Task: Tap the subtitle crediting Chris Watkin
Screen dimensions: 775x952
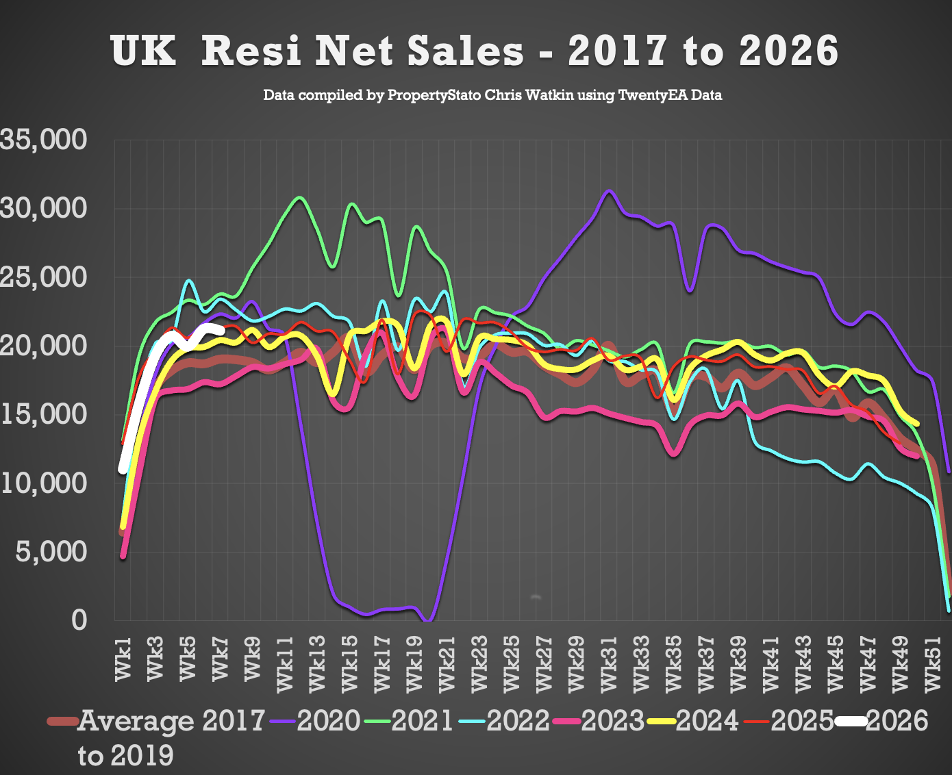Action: click(492, 95)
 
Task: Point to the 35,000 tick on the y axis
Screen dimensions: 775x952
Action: click(44, 140)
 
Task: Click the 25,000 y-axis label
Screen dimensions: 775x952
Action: click(44, 277)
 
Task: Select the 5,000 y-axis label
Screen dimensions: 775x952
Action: click(51, 551)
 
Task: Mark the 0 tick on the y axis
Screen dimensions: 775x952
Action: click(79, 620)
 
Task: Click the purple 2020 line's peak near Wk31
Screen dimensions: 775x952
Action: click(609, 191)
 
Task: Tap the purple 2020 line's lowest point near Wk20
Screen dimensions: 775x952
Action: click(428, 620)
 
